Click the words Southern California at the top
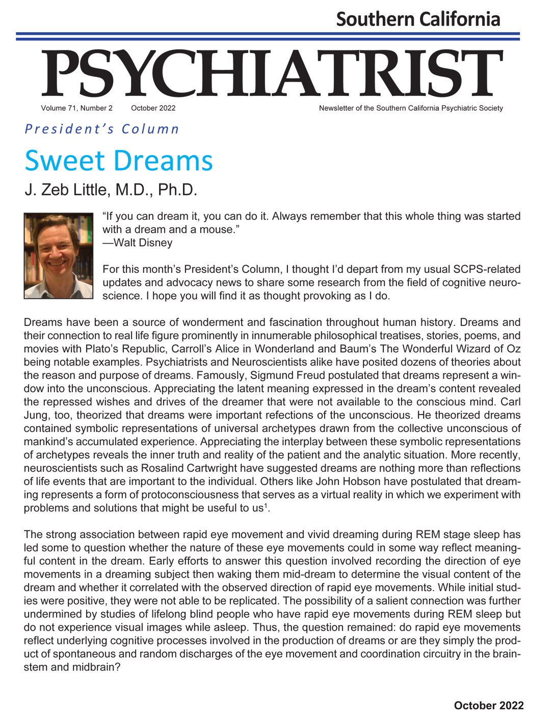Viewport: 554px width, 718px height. [418, 19]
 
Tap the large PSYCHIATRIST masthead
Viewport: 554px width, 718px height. [272, 74]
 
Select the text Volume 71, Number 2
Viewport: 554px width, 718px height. [77, 108]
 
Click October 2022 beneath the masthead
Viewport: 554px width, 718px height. [153, 108]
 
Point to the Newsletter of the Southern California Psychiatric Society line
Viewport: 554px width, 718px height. [411, 108]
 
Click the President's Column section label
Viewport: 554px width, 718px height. [102, 129]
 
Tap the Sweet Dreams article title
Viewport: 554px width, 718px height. [119, 161]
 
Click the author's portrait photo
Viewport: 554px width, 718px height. [59, 255]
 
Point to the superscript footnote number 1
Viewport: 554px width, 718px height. [266, 505]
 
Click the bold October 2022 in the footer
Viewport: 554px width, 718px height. [488, 705]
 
